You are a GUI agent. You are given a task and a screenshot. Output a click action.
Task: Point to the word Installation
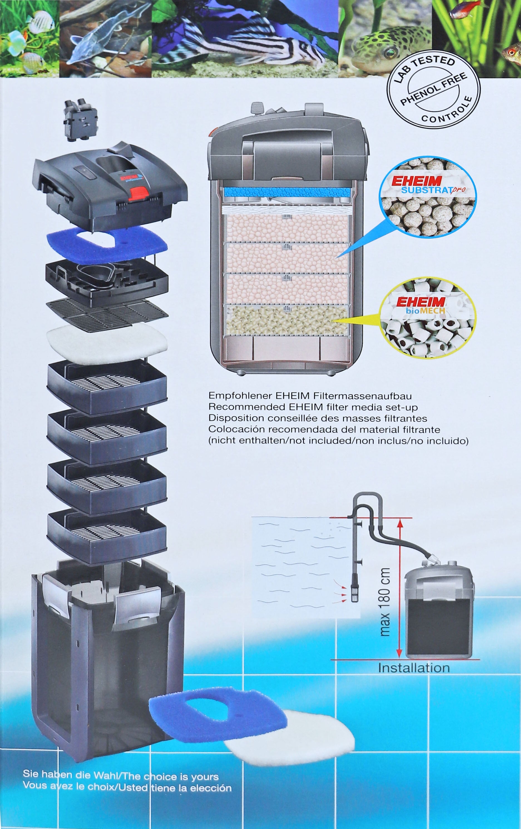pyautogui.click(x=414, y=668)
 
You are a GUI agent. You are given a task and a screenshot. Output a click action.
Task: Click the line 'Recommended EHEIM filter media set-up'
pyautogui.click(x=313, y=407)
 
